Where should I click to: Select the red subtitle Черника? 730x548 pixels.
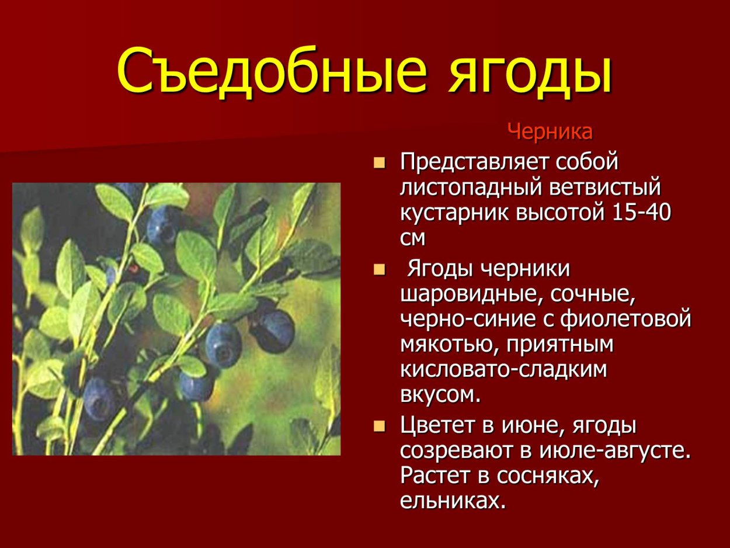(550, 132)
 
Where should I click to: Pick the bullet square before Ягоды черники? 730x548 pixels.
(380, 270)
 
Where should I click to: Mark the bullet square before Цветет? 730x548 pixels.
(380, 426)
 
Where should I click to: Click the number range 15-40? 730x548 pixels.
(642, 213)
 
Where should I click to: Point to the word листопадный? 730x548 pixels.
(470, 188)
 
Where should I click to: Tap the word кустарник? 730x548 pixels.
(454, 213)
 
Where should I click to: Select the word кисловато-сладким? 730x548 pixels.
(503, 370)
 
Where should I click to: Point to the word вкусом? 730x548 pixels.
(440, 395)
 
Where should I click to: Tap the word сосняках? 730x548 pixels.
(548, 476)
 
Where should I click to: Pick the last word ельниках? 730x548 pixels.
(452, 501)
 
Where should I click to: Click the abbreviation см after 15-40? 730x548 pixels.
(413, 238)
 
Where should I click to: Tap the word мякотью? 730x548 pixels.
(449, 345)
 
